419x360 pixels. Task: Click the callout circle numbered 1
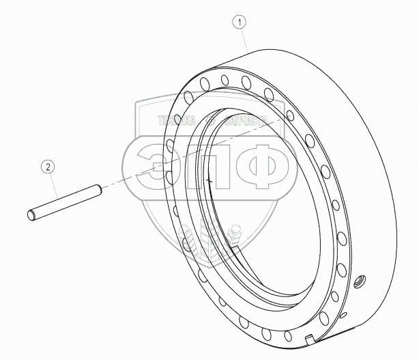tap(238, 22)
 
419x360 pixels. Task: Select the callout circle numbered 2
tap(47, 165)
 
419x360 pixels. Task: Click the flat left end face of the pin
tap(31, 216)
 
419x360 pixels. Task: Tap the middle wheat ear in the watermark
tap(209, 239)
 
